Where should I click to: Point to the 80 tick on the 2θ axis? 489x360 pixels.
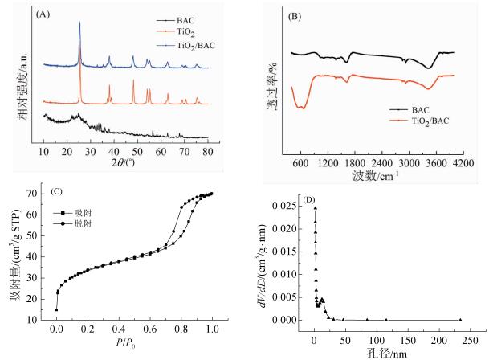[x=208, y=150]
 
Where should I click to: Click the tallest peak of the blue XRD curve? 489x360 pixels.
[x=79, y=22]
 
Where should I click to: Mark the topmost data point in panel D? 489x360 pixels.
[x=316, y=208]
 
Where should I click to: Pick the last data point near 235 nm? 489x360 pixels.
[x=460, y=320]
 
